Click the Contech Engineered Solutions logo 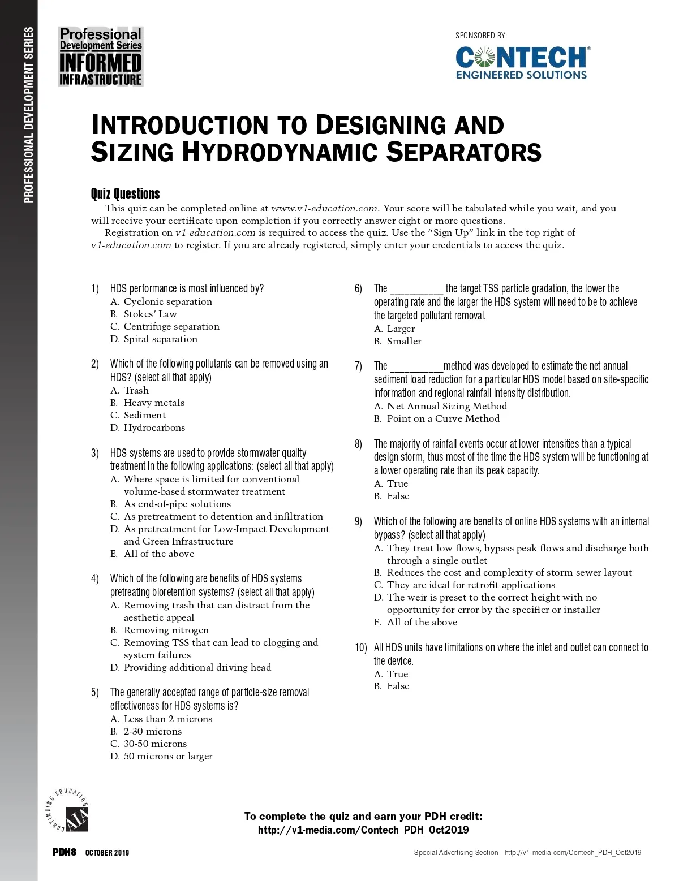[522, 63]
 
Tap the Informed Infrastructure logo [101, 57]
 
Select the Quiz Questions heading [125, 194]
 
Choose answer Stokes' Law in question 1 [150, 314]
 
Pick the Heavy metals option [154, 403]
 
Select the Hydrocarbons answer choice [154, 427]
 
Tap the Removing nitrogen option [166, 630]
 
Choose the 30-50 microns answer [155, 744]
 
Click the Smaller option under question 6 [403, 341]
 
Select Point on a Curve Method [443, 418]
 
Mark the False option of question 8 [398, 496]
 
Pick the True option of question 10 [397, 674]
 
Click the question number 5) [95, 693]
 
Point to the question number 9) [358, 521]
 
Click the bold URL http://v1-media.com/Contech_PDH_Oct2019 [363, 830]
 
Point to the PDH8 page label [65, 852]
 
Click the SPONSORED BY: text [481, 36]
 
